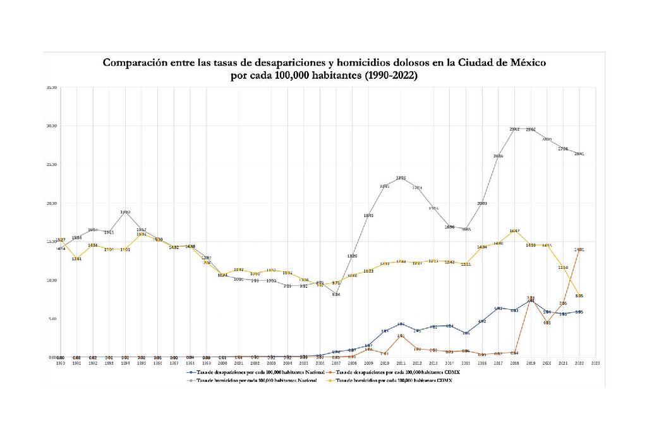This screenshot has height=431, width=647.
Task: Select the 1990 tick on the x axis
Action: [x=61, y=363]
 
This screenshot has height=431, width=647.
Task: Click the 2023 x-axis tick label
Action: [x=596, y=363]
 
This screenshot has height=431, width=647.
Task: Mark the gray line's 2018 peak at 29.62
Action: [x=514, y=129]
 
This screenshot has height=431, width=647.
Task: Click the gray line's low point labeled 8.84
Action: [x=336, y=290]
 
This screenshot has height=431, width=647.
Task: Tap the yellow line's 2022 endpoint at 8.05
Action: [x=579, y=295]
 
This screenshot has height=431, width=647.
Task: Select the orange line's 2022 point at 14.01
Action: [x=579, y=250]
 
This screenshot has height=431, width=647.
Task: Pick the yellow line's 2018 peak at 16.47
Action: [x=514, y=230]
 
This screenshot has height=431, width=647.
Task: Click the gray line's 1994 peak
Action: [x=125, y=213]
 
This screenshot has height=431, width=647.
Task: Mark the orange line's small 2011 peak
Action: [x=401, y=336]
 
